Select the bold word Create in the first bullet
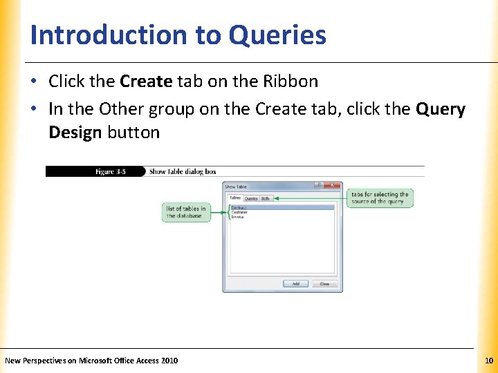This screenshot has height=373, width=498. tap(146, 82)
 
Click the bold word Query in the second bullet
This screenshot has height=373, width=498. tap(440, 109)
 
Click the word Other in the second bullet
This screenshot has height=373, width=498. tap(120, 109)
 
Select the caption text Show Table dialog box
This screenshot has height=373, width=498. tap(183, 172)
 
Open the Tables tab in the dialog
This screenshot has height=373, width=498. tap(235, 198)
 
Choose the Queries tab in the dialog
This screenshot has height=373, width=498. tap(251, 198)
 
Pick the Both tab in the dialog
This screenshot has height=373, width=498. tap(266, 198)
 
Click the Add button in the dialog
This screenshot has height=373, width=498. tap(295, 284)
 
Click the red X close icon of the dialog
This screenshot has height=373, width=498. tap(333, 186)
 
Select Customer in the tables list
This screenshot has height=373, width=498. tap(240, 212)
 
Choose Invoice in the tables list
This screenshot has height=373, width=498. tap(239, 217)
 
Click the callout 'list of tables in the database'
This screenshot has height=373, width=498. tap(185, 212)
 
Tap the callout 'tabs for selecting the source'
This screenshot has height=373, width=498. tap(380, 198)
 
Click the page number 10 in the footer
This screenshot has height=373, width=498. tap(488, 361)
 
